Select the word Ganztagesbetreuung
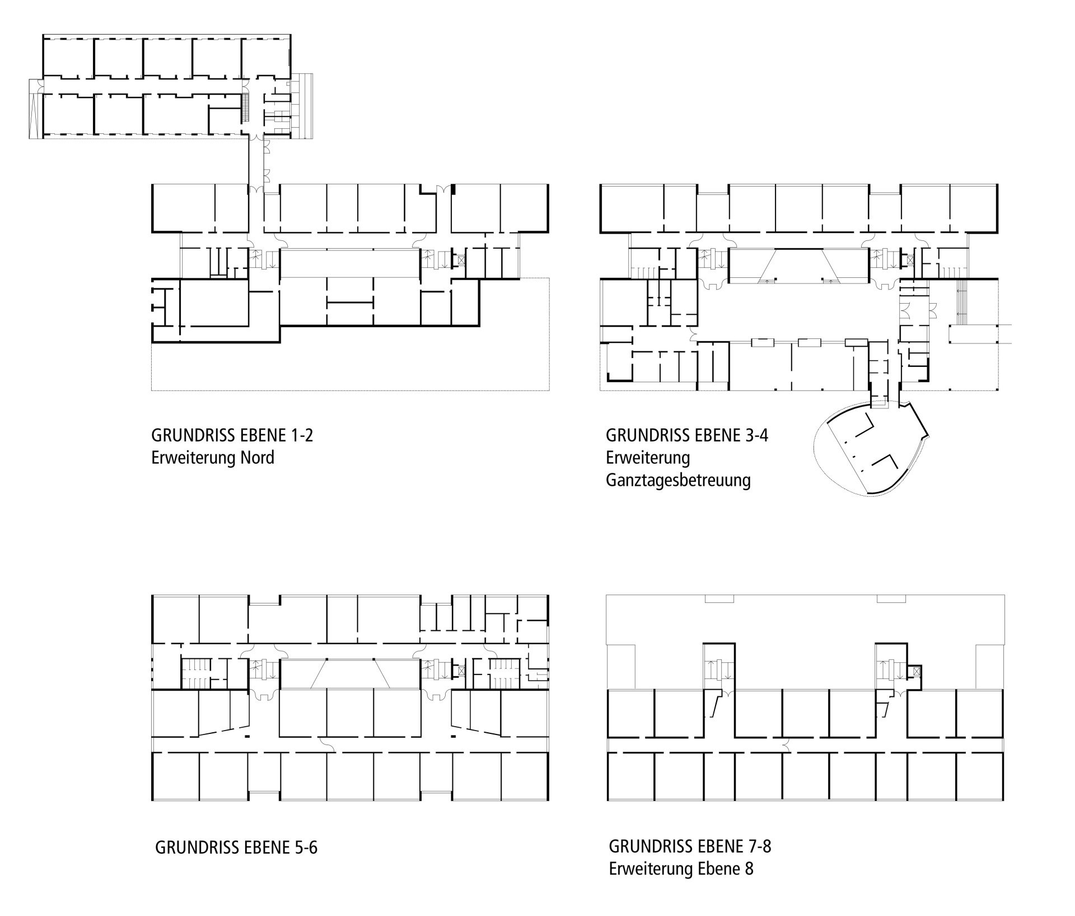[678, 481]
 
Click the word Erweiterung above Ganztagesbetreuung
[648, 458]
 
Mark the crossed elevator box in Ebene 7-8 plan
[914, 671]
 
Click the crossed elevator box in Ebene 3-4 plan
[910, 260]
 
